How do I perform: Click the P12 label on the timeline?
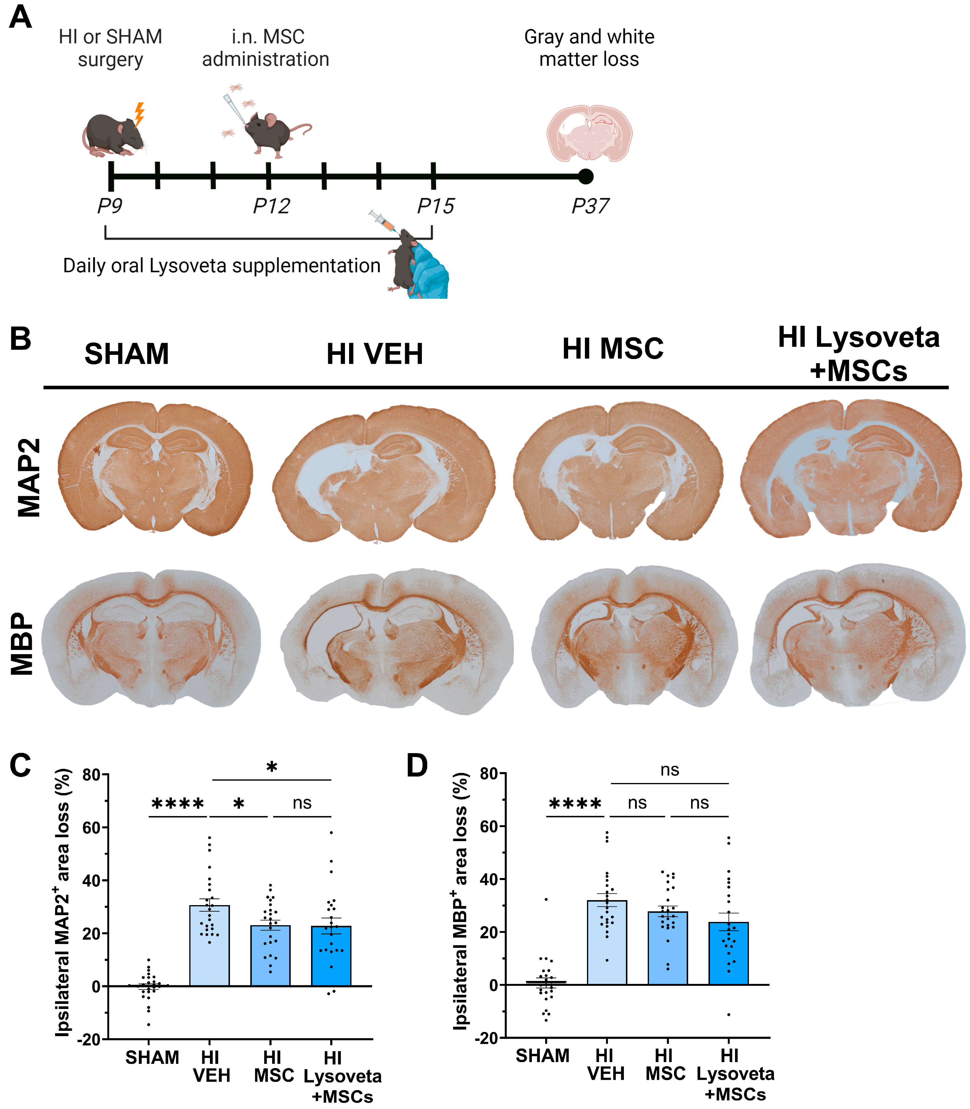click(x=271, y=206)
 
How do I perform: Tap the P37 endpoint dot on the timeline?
click(x=585, y=176)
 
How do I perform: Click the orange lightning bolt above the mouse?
click(x=139, y=114)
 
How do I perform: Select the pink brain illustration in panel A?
click(x=589, y=134)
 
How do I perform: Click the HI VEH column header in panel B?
click(x=374, y=354)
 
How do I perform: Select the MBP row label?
click(x=23, y=644)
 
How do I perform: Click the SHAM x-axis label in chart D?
click(x=542, y=1055)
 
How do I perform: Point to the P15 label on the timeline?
click(x=436, y=206)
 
